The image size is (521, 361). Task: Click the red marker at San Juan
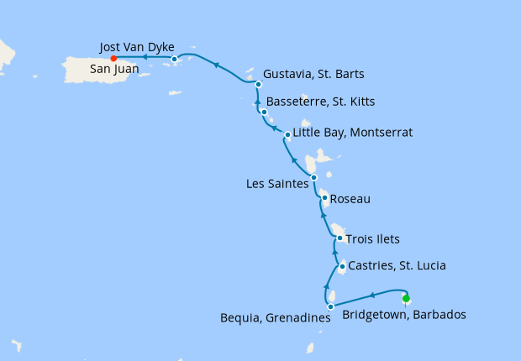click(113, 58)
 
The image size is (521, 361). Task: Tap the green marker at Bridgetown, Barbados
click(406, 298)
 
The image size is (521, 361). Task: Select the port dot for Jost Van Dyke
click(174, 59)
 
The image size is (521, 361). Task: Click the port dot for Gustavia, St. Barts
click(258, 84)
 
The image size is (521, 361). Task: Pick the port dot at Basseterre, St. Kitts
click(264, 112)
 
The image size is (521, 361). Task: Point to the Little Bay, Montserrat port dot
click(287, 134)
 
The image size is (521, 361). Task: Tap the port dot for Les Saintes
click(313, 177)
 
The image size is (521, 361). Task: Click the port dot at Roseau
click(324, 199)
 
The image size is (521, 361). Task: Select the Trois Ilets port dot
click(339, 238)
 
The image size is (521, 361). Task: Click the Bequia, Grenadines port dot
click(330, 306)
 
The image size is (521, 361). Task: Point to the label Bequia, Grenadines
click(273, 320)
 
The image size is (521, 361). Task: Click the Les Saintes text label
click(277, 184)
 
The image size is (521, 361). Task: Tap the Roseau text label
click(350, 200)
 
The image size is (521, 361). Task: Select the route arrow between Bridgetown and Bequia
click(371, 295)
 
